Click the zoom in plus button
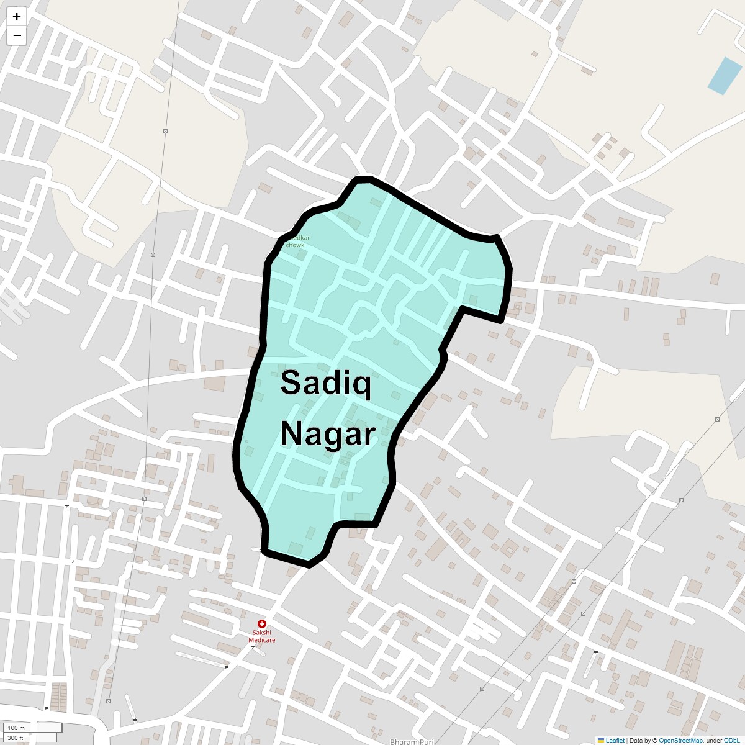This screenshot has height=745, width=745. click(17, 17)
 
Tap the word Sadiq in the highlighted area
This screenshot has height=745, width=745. click(326, 383)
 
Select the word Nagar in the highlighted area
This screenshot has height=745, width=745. click(328, 434)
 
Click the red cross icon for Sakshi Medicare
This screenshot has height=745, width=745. click(262, 624)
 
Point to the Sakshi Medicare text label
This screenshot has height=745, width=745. click(261, 636)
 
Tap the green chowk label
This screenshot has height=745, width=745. click(295, 245)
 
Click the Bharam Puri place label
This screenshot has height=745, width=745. click(411, 741)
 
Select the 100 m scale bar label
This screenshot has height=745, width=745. click(16, 728)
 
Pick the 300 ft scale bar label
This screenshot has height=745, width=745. click(16, 738)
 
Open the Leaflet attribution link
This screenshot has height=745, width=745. click(615, 740)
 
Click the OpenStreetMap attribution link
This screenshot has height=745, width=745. click(680, 740)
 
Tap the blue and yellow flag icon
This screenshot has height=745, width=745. click(601, 740)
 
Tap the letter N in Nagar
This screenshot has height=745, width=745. click(292, 434)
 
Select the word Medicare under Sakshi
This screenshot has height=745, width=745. click(261, 640)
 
